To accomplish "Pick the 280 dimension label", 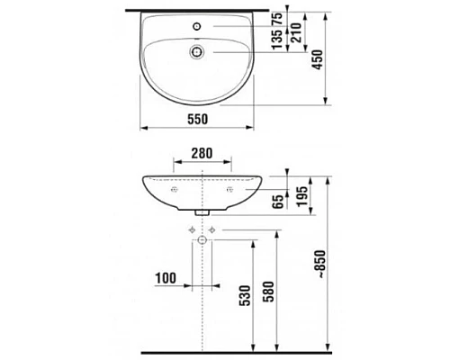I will point(202,154).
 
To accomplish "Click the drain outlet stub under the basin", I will point(202,212).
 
